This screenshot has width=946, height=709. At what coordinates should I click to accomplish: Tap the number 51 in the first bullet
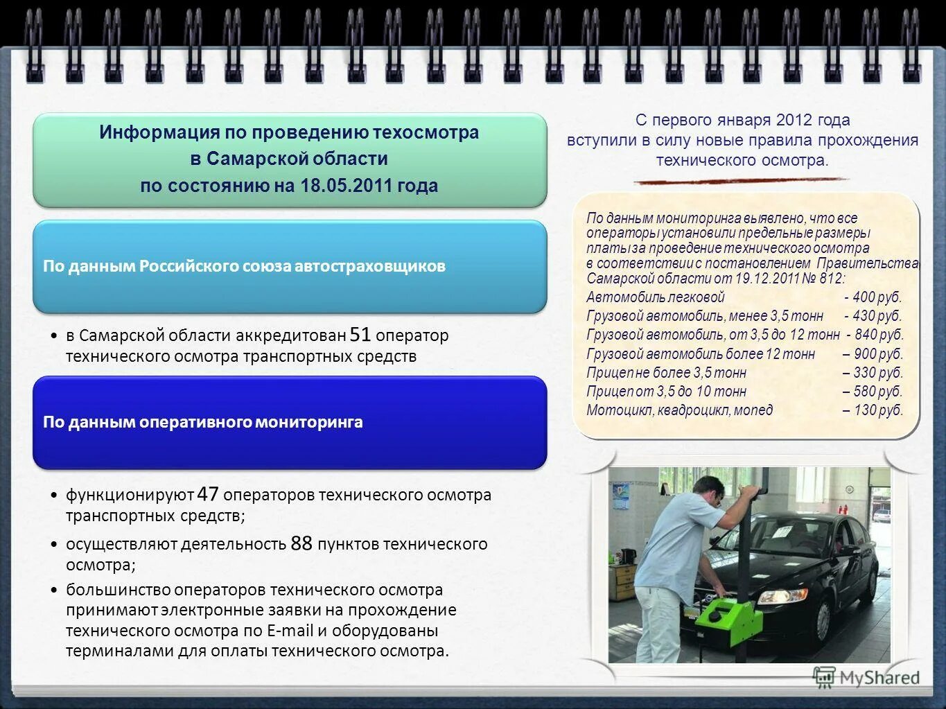pyautogui.click(x=360, y=335)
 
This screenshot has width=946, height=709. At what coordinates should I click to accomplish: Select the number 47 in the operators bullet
pyautogui.click(x=208, y=494)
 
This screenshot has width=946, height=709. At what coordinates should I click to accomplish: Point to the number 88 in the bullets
pyautogui.click(x=301, y=543)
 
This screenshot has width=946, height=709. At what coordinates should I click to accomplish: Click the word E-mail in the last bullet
pyautogui.click(x=290, y=631)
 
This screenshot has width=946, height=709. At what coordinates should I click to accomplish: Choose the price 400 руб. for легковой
pyautogui.click(x=877, y=297)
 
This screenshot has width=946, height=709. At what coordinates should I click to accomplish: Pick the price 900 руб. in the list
pyautogui.click(x=878, y=354)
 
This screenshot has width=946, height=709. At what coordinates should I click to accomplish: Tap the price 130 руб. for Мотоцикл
pyautogui.click(x=878, y=410)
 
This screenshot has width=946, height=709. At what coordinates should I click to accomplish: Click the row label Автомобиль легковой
pyautogui.click(x=655, y=297)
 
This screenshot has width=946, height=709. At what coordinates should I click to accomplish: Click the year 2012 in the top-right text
pyautogui.click(x=794, y=120)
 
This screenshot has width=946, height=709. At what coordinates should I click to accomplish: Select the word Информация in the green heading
pyautogui.click(x=159, y=132)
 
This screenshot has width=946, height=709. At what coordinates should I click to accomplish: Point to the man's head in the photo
pyautogui.click(x=707, y=489)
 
